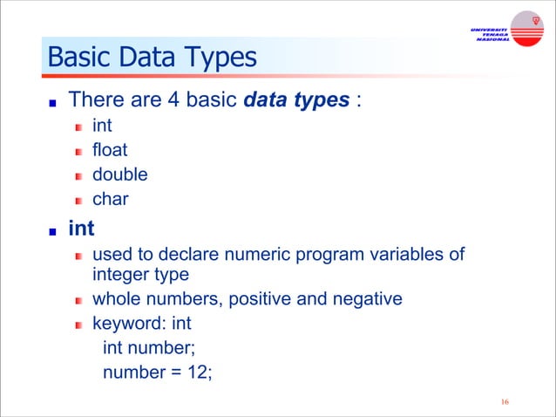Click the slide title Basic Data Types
(153, 58)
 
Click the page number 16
(505, 402)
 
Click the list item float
(110, 149)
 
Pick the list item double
(119, 174)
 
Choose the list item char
(110, 199)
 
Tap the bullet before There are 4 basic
(52, 102)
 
